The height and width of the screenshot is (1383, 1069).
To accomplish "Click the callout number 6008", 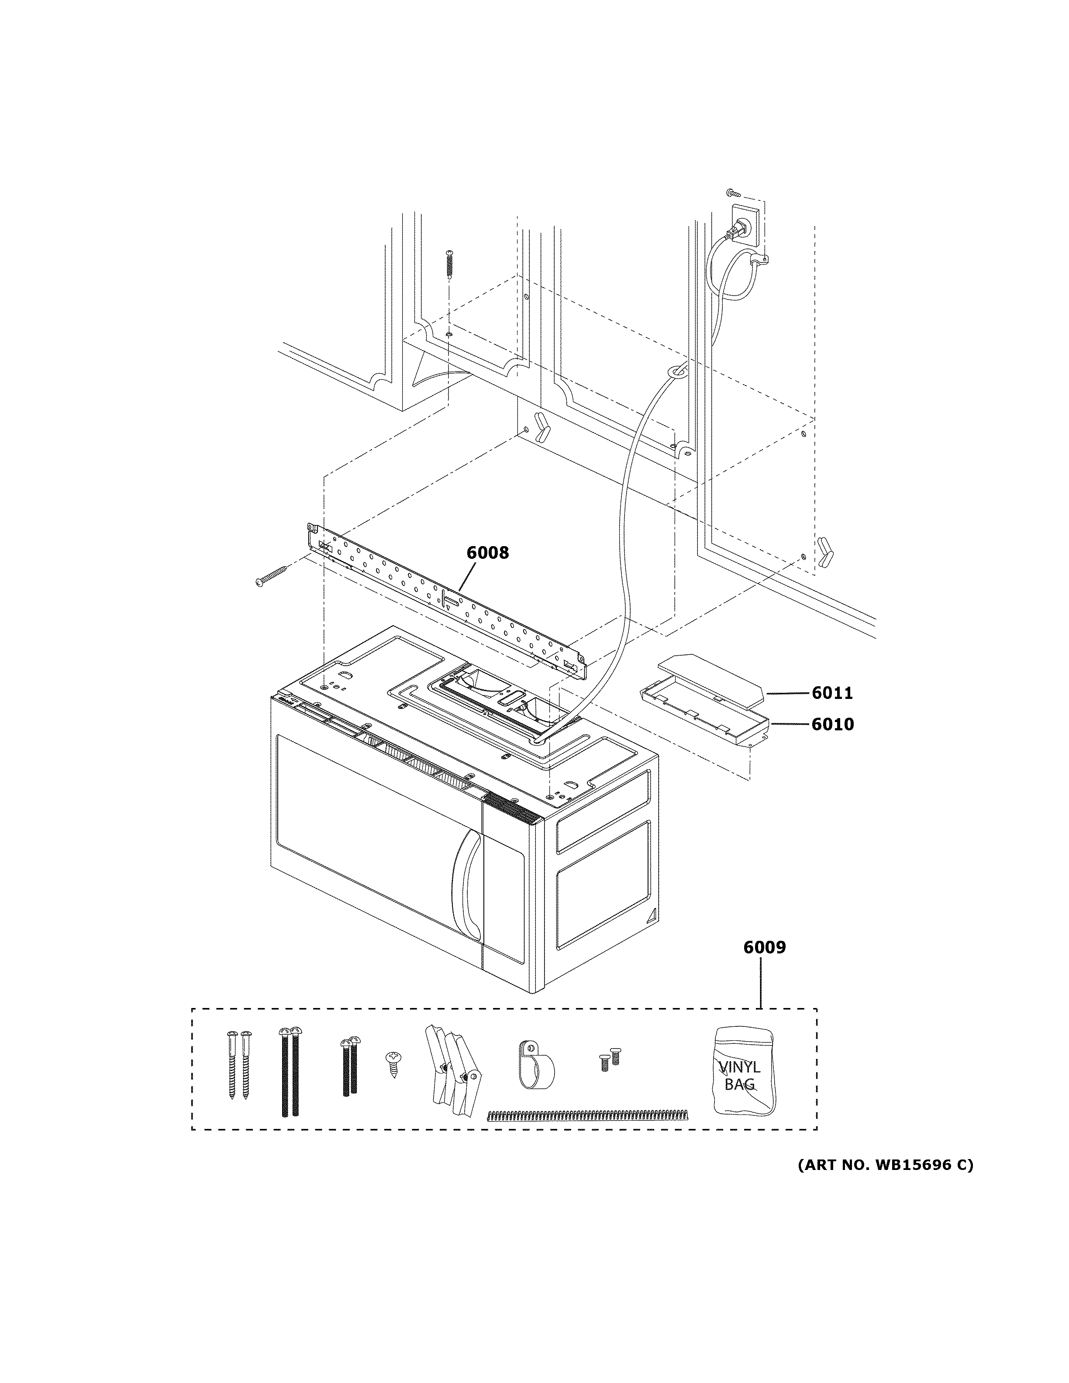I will click(x=488, y=553).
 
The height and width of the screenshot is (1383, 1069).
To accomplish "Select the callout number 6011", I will click(x=832, y=693).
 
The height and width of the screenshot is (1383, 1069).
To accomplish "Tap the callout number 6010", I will click(x=832, y=724).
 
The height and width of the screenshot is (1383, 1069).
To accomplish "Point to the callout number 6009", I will click(x=764, y=965).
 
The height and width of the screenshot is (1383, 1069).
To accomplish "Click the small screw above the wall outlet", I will click(x=732, y=191).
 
